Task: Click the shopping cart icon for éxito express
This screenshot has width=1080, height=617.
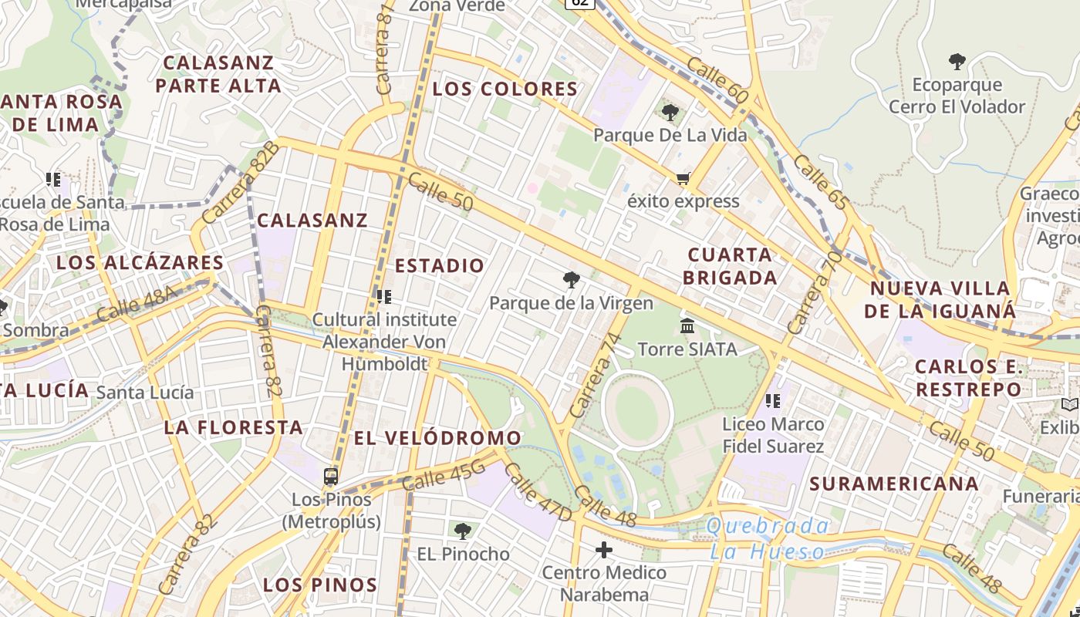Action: point(683,179)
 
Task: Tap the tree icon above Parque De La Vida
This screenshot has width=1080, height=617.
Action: point(670,113)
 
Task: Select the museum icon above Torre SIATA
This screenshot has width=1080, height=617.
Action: point(687,326)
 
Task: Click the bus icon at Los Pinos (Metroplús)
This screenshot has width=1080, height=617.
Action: point(331,476)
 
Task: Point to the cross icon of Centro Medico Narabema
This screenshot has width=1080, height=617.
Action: point(604,550)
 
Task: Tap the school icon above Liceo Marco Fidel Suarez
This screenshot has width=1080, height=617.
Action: point(772,401)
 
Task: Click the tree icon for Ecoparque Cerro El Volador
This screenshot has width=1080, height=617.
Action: point(957,62)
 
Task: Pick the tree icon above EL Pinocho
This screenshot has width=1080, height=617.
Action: point(463,531)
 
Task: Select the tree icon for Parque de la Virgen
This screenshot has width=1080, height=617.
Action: point(571,280)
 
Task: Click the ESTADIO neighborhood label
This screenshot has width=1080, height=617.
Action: point(440,266)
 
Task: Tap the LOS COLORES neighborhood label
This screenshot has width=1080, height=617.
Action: point(505,89)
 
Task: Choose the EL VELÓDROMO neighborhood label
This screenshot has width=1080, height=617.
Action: point(437,438)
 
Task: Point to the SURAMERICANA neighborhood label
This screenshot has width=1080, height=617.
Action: point(894,484)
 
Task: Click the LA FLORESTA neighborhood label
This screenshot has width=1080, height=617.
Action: point(233,427)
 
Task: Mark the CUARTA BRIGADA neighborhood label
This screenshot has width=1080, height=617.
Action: point(729,266)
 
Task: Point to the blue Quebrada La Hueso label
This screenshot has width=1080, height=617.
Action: point(768,539)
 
